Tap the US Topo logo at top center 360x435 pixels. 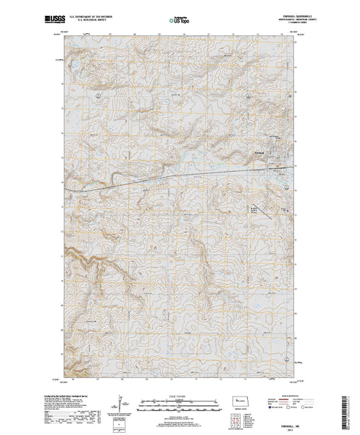click(x=180, y=16)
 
